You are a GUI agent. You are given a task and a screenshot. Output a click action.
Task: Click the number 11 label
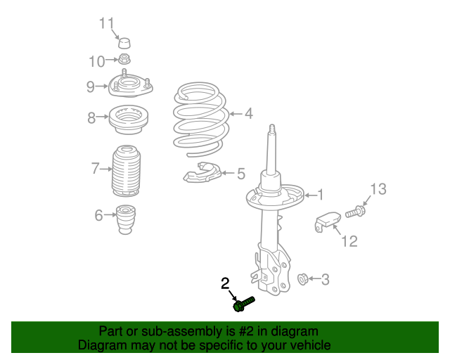106,23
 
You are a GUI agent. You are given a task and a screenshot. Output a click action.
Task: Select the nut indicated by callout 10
124,60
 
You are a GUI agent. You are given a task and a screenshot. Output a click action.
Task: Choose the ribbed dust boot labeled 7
127,171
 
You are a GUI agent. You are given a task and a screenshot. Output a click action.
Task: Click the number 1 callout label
320,195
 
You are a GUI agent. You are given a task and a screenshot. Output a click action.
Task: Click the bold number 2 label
225,283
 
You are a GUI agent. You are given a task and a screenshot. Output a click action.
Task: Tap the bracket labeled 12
326,221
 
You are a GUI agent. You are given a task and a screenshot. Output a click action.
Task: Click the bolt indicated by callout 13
355,210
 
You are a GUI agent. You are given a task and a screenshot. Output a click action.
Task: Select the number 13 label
378,188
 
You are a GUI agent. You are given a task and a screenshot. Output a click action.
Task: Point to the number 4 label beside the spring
248,112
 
